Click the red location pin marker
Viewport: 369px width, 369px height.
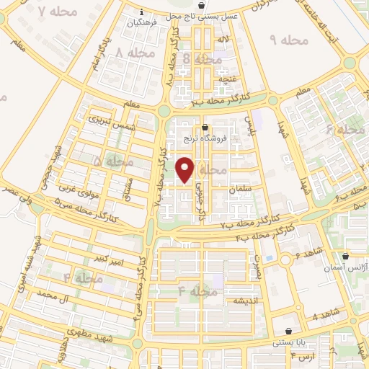click(x=186, y=169)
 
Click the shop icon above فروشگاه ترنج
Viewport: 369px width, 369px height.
click(x=206, y=128)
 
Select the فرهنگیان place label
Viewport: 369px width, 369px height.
click(x=141, y=23)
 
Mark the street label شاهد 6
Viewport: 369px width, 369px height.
click(x=307, y=255)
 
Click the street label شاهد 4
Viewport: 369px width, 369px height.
click(x=325, y=316)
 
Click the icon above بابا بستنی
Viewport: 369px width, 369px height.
click(x=290, y=331)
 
